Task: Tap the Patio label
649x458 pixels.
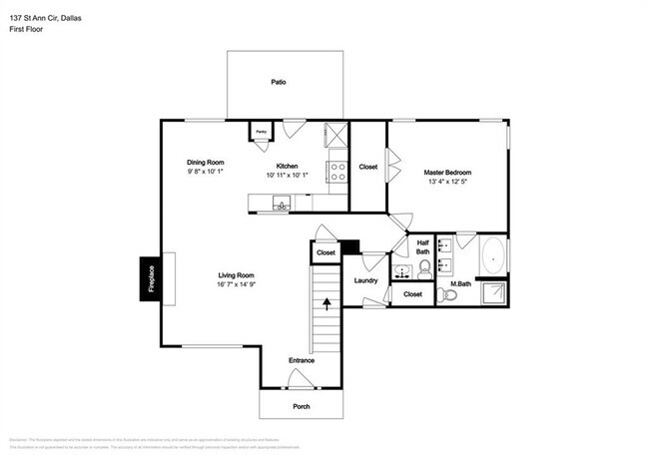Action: pos(279,82)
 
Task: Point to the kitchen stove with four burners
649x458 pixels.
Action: pos(337,171)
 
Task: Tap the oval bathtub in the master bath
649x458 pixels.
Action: pos(493,257)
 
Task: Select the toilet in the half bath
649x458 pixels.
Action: pos(424,266)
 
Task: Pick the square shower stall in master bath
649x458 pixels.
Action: pos(493,292)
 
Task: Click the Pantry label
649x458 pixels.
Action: pos(261,132)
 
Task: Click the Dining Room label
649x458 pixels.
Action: pos(206,162)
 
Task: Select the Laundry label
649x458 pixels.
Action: pos(365,281)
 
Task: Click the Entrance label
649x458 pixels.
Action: pos(302,360)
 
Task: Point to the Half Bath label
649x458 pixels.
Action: pos(423,245)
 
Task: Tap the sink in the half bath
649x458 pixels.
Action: pos(401,271)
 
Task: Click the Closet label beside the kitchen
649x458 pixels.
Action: pos(367,167)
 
